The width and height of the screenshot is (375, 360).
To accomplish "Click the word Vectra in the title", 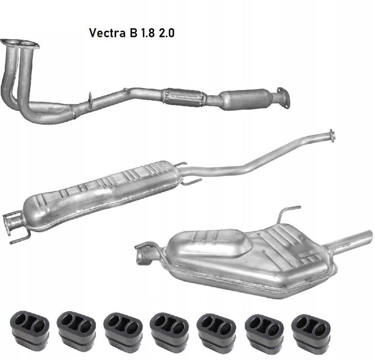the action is (108, 33).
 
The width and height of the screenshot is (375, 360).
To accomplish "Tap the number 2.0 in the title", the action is (167, 33).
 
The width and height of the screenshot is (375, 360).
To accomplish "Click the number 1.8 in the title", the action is (148, 33).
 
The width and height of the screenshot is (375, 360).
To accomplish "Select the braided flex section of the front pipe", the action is (184, 97).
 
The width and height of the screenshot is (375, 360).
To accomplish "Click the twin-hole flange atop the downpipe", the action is (20, 44).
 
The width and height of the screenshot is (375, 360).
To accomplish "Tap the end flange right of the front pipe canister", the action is (284, 98).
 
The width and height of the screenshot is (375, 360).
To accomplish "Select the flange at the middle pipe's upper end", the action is (332, 135).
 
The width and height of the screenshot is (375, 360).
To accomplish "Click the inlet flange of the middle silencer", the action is (12, 222).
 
